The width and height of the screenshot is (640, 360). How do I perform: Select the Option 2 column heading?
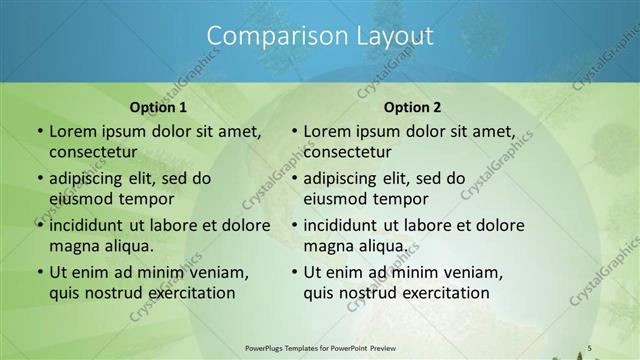pyautogui.click(x=412, y=108)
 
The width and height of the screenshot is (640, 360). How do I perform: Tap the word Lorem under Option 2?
pyautogui.click(x=326, y=131)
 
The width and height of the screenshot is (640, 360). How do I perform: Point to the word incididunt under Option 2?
pyautogui.click(x=347, y=225)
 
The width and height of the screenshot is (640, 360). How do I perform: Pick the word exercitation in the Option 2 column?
pyautogui.click(x=443, y=293)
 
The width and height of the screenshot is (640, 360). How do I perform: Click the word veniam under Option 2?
pyautogui.click(x=461, y=271)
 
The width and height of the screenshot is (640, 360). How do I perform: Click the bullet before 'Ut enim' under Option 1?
pyautogui.click(x=39, y=272)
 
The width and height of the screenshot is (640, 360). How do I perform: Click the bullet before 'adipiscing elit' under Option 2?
pyautogui.click(x=294, y=178)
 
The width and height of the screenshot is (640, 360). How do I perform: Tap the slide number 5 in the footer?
pyautogui.click(x=590, y=347)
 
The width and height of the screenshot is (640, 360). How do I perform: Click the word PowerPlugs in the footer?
pyautogui.click(x=269, y=347)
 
